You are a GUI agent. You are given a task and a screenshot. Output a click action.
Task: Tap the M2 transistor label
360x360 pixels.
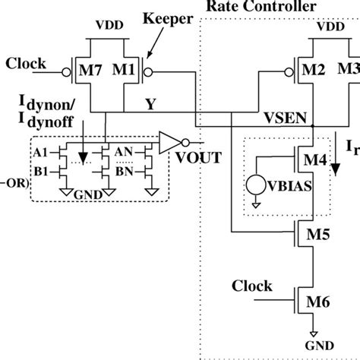point(312,71)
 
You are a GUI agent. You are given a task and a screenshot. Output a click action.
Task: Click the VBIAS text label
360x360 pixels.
point(299,187)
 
